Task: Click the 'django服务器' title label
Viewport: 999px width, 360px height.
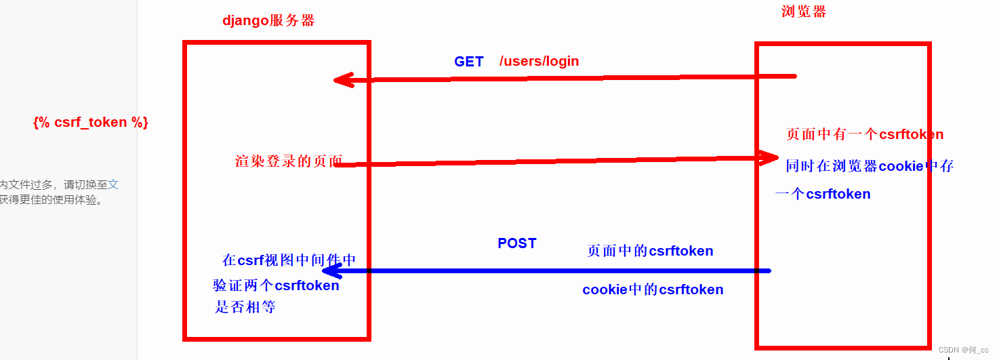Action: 268,20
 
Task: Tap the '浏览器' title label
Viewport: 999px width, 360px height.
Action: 804,12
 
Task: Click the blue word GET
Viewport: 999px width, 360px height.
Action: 468,62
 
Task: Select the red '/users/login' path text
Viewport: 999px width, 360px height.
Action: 539,62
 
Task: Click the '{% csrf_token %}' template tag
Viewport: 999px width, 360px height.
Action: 90,123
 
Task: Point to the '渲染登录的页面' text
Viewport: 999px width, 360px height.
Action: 289,161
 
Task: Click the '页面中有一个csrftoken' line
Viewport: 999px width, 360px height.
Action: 864,134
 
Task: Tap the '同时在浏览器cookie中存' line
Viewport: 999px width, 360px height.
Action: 870,166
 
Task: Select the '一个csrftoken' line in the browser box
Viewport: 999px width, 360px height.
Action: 823,195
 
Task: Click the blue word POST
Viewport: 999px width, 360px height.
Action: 516,243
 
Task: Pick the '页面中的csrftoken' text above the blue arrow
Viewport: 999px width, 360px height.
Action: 650,251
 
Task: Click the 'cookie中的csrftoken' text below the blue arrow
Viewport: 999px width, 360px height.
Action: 653,290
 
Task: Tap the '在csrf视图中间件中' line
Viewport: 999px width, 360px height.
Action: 289,260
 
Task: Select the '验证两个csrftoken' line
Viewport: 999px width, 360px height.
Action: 276,285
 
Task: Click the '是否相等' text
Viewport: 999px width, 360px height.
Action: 245,307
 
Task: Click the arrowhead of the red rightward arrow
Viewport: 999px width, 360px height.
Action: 771,158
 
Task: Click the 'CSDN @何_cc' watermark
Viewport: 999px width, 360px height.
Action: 963,350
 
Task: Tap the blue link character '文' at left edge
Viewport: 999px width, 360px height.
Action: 113,184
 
